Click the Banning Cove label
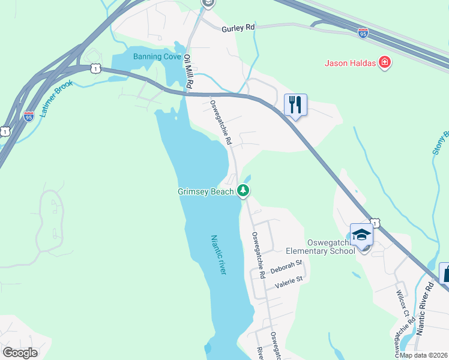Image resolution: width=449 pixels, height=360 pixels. tap(157, 57)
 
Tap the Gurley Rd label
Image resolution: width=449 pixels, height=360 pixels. tap(238, 28)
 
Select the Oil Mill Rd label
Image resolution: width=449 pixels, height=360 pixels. tap(188, 73)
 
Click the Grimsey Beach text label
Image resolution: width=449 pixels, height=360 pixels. tap(205, 192)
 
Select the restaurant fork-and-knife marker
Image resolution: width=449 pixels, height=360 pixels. tap(295, 105)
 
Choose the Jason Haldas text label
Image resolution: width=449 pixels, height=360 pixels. tap(351, 62)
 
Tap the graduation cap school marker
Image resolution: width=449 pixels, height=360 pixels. tap(362, 235)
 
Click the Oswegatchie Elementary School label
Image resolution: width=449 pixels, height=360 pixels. tap(330, 246)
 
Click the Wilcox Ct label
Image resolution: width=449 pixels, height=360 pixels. tap(402, 304)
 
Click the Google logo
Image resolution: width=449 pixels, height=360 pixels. tap(20, 353)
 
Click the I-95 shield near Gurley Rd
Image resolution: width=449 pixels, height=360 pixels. tap(363, 34)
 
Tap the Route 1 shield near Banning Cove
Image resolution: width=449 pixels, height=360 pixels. tap(96, 70)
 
